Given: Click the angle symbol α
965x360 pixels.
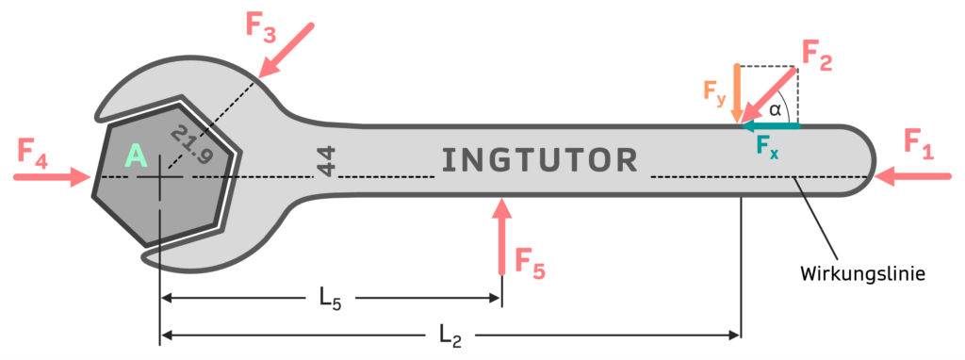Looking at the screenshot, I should (x=775, y=110).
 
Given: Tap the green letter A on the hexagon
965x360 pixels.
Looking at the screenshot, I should (x=137, y=156).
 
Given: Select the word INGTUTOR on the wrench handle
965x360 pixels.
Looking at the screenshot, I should (x=540, y=160).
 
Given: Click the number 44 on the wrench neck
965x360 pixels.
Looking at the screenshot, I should (x=326, y=161).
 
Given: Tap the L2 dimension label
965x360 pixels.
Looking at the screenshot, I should (x=451, y=335).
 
